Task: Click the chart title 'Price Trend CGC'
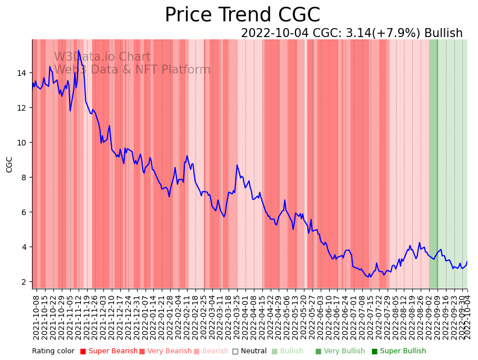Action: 242,15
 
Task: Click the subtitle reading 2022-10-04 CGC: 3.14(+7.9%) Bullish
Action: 352,33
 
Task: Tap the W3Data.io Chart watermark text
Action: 102,57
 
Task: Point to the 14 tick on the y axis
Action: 22,73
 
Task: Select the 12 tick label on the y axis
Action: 22,108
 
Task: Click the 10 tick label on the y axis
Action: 22,143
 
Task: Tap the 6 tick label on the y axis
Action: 24,212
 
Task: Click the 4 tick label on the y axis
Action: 24,247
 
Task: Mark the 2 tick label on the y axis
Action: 24,282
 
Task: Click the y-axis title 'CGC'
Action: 9,164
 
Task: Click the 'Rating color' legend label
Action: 53,351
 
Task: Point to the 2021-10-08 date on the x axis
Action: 36,317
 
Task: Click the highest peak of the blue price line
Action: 78,51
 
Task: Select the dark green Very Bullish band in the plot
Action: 433,163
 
